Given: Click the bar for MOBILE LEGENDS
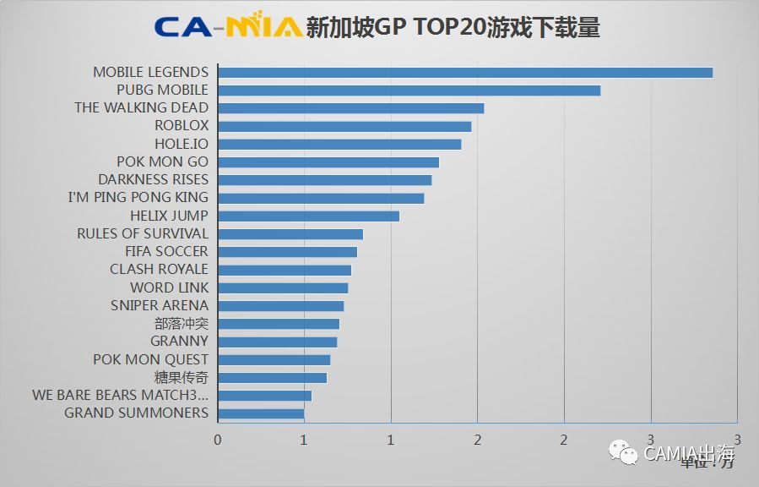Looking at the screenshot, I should (465, 72).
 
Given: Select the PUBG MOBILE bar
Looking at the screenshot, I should (409, 90).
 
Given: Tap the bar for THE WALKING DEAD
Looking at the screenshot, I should (351, 108).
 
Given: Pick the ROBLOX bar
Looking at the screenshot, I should (344, 126).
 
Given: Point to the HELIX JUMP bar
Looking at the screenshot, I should (308, 216).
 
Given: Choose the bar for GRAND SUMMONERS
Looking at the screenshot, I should (261, 413).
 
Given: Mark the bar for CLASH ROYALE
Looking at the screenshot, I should (285, 270).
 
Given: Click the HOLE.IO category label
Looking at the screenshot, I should (181, 144).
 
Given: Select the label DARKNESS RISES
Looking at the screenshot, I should (153, 179).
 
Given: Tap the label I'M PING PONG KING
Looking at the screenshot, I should (138, 198).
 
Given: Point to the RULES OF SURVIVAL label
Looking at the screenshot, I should (142, 233).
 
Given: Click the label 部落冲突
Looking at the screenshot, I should (181, 324).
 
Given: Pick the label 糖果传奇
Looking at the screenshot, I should (181, 377).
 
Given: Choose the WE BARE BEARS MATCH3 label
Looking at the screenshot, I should (120, 395).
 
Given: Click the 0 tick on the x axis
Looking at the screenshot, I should (218, 440).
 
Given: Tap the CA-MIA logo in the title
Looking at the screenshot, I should (228, 27).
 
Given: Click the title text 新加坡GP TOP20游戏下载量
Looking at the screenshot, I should (453, 27).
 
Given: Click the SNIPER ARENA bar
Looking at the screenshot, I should (281, 305).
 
